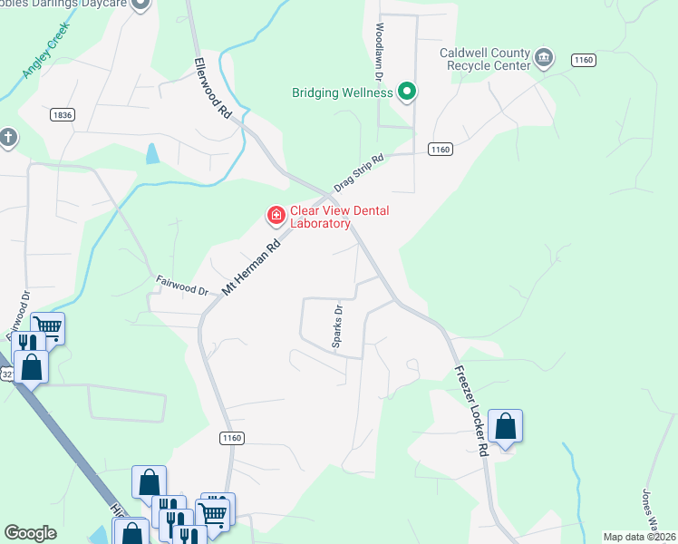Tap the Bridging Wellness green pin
pyautogui.click(x=407, y=92)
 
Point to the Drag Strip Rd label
pyautogui.click(x=359, y=172)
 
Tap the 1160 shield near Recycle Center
pyautogui.click(x=584, y=60)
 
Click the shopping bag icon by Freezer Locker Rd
pyautogui.click(x=506, y=426)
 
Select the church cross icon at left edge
pyautogui.click(x=8, y=138)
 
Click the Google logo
pyautogui.click(x=30, y=533)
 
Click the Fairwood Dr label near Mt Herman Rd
pyautogui.click(x=182, y=286)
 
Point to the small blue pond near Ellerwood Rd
pyautogui.click(x=152, y=153)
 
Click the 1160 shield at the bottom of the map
pyautogui.click(x=232, y=438)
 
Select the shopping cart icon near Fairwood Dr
pyautogui.click(x=48, y=326)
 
